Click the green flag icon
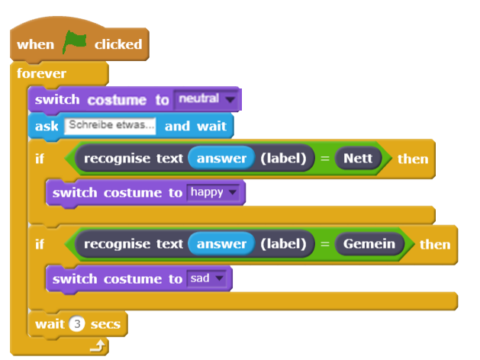click(75, 43)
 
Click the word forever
click(41, 74)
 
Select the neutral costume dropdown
click(206, 99)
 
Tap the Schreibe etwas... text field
click(111, 124)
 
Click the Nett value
click(357, 159)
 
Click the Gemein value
click(369, 244)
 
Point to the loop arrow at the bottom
click(96, 347)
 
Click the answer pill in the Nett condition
click(221, 159)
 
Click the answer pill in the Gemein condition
click(221, 244)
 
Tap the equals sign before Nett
click(324, 159)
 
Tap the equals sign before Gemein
click(324, 244)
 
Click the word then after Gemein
click(434, 244)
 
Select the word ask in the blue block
click(47, 125)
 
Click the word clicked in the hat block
click(118, 44)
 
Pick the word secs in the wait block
click(105, 324)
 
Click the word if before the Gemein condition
click(40, 244)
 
